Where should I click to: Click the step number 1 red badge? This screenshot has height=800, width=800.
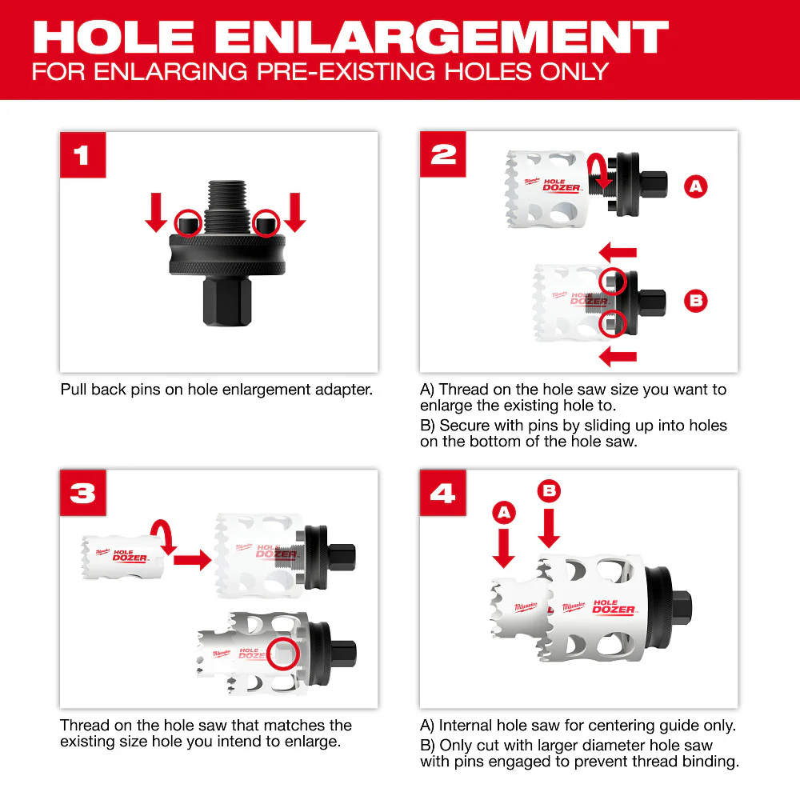(82, 154)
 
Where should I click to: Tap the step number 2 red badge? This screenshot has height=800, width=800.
(442, 154)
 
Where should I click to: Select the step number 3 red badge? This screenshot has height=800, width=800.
(82, 493)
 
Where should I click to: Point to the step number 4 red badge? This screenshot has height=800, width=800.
(442, 493)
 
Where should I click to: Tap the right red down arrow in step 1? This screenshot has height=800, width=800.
(294, 212)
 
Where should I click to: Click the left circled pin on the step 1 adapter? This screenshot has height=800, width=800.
(189, 221)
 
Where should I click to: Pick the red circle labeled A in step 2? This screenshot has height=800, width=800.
(696, 187)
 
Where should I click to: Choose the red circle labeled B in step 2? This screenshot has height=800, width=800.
(696, 302)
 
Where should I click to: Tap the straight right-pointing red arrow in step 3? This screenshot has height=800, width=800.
(191, 559)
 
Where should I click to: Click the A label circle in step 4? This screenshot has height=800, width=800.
(504, 513)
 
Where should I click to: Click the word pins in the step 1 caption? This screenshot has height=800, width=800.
(145, 390)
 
